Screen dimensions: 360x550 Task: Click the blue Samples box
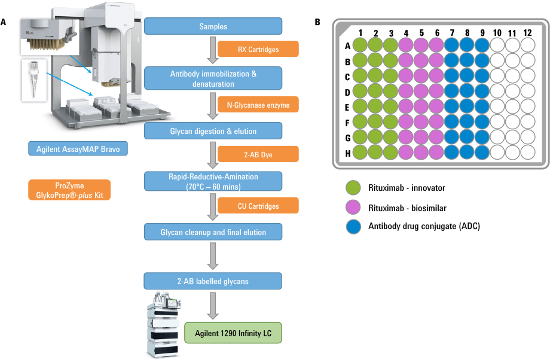[x=213, y=26]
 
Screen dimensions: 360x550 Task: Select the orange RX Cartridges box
[x=258, y=49]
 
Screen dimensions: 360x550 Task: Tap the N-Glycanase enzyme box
[x=258, y=105]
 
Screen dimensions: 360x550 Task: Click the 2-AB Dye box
[x=258, y=154]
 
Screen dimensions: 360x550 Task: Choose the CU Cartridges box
[x=258, y=206]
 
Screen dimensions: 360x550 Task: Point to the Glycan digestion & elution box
[x=213, y=130]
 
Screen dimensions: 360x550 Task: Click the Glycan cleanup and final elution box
[x=213, y=231]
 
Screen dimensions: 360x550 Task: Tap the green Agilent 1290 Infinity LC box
[x=233, y=331]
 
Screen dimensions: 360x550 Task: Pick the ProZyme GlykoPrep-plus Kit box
[x=69, y=190]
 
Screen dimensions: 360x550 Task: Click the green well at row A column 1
[x=360, y=45]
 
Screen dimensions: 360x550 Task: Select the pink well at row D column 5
[x=421, y=91]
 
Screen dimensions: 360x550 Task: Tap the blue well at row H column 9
[x=482, y=152]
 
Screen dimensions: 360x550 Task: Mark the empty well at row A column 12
[x=527, y=45]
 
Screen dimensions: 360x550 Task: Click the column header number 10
[x=497, y=32]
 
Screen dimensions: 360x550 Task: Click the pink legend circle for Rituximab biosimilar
[x=354, y=208]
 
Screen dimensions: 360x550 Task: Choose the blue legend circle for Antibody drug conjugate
[x=354, y=227]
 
